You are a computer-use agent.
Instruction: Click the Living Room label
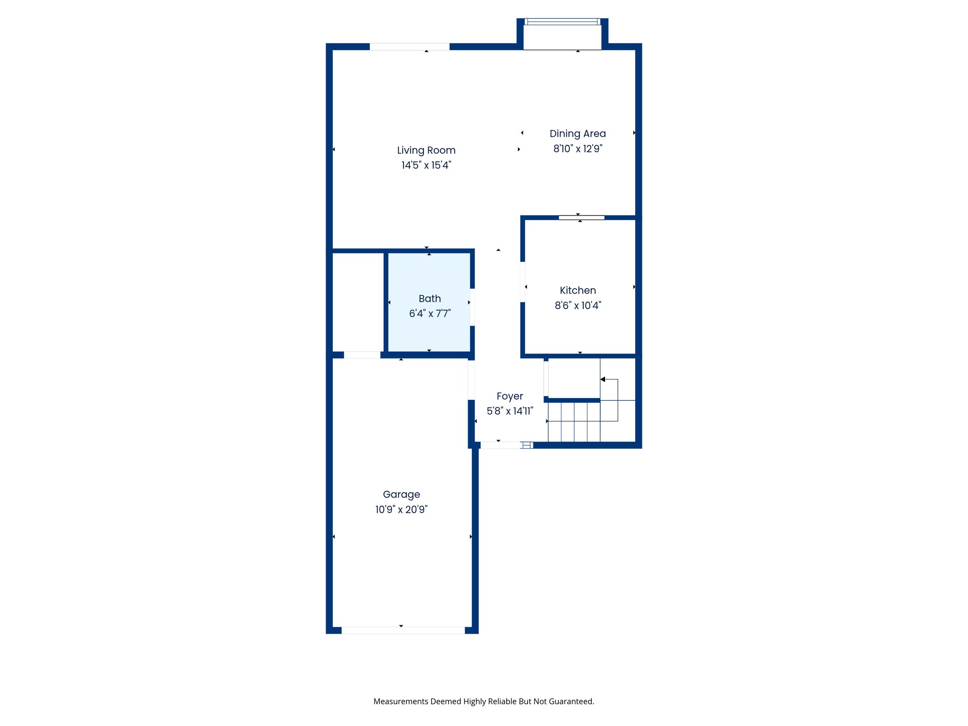tap(426, 150)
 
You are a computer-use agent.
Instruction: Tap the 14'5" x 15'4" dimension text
tap(426, 165)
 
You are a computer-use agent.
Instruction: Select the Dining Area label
tap(578, 134)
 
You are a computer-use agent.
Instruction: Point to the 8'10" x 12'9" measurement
tap(578, 149)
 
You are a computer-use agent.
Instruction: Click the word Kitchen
tap(578, 291)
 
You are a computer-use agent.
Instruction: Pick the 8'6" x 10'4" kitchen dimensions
tap(578, 306)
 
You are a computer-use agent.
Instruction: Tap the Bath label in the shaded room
tap(430, 299)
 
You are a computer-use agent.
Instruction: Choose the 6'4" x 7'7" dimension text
tap(430, 314)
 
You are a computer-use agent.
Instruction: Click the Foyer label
tap(510, 397)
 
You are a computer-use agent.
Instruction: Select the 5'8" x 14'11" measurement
tap(510, 411)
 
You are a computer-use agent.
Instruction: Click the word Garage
tap(401, 494)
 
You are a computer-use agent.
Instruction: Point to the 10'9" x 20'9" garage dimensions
tap(401, 510)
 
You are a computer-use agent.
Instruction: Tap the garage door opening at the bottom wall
tap(403, 631)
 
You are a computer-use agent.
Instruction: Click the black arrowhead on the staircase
tap(603, 380)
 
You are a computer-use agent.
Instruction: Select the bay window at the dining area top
tap(562, 22)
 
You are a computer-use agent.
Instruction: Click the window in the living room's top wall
tap(409, 46)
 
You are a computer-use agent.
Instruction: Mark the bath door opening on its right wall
tap(472, 307)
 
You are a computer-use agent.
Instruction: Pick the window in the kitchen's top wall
tap(581, 218)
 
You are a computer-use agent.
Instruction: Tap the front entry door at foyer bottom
tap(500, 445)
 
